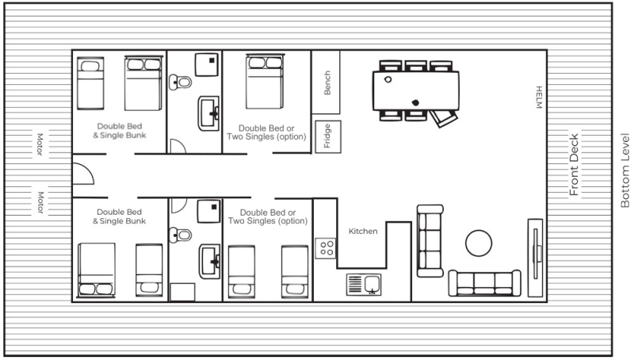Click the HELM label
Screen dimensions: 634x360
(x=539, y=98)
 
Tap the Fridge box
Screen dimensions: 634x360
(x=328, y=136)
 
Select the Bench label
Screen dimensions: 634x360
(x=327, y=83)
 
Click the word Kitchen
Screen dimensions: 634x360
(x=363, y=232)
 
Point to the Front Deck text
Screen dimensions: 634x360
(x=574, y=165)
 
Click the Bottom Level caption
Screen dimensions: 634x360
(x=624, y=170)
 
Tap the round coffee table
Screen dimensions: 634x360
(x=479, y=243)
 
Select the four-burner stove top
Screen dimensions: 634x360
(x=326, y=248)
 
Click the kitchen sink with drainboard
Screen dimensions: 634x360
(x=364, y=285)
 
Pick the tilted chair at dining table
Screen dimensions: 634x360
(x=443, y=118)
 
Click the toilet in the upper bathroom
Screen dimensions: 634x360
(x=180, y=82)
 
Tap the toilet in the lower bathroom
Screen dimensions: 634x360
(x=180, y=235)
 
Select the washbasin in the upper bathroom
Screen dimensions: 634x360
(x=208, y=113)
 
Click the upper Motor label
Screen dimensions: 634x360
(x=40, y=144)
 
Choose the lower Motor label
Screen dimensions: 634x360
(x=40, y=202)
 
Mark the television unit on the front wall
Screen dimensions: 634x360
(x=536, y=258)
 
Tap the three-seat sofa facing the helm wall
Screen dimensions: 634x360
(x=430, y=241)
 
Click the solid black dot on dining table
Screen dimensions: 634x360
(x=415, y=103)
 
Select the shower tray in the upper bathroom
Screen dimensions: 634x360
(x=207, y=64)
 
